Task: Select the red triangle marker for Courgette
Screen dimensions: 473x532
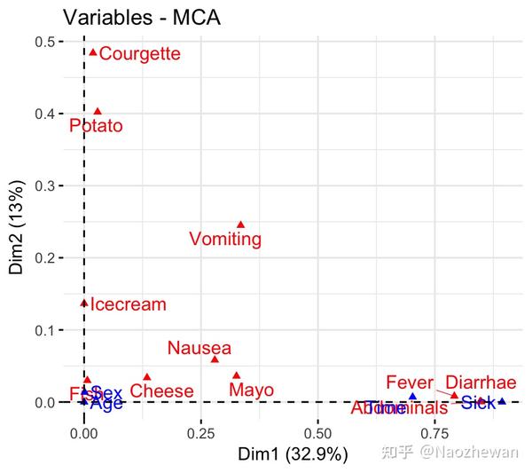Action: (93, 52)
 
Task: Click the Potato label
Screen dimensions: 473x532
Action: (96, 126)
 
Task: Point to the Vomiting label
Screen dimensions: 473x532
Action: (225, 240)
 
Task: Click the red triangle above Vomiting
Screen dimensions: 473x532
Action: (240, 225)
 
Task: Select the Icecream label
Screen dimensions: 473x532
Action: (129, 304)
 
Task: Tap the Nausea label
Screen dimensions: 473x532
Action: (199, 348)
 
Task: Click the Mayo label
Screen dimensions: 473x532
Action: (251, 390)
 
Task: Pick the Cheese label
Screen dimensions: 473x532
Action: (161, 391)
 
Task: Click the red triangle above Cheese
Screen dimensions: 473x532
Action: (147, 376)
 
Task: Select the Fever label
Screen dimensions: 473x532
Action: (410, 383)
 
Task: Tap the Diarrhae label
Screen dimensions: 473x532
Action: (481, 383)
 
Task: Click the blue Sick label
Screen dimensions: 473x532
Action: (478, 403)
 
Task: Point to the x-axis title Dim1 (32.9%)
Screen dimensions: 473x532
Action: (293, 454)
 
